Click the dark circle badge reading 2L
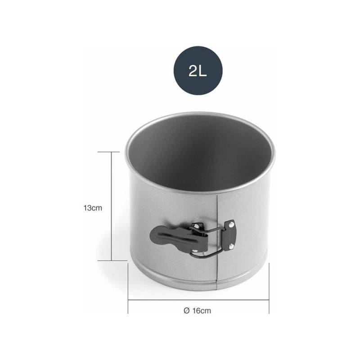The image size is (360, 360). pyautogui.click(x=198, y=70)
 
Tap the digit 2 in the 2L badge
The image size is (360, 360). pyautogui.click(x=193, y=71)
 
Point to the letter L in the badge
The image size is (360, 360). pyautogui.click(x=203, y=71)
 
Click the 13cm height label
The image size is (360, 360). pyautogui.click(x=93, y=208)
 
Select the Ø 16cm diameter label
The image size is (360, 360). pyautogui.click(x=197, y=310)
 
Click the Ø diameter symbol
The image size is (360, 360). pyautogui.click(x=187, y=310)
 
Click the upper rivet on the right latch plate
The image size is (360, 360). pyautogui.click(x=231, y=224)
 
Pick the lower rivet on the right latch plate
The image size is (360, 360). pyautogui.click(x=231, y=247)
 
